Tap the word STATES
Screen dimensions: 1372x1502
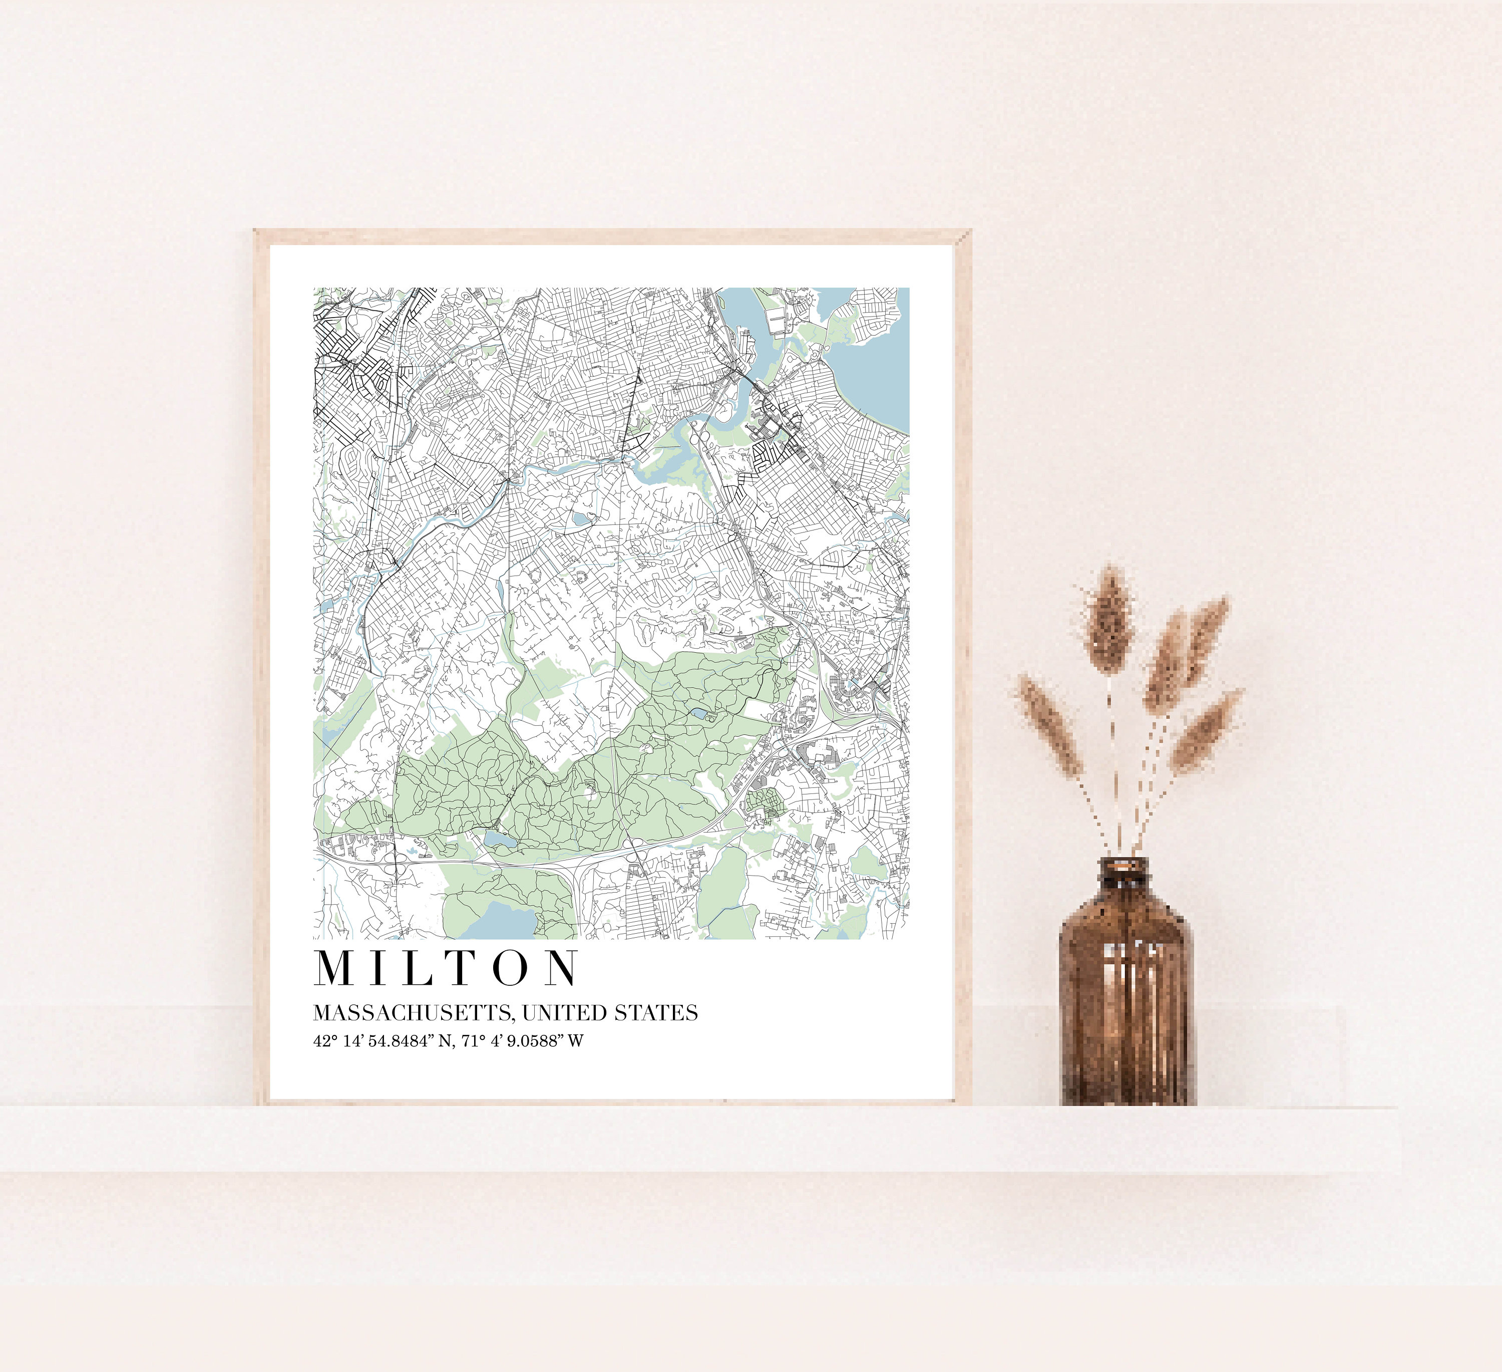click(x=656, y=1013)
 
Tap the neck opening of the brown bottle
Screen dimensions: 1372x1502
click(x=1126, y=865)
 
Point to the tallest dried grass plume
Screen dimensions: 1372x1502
click(x=1108, y=619)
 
